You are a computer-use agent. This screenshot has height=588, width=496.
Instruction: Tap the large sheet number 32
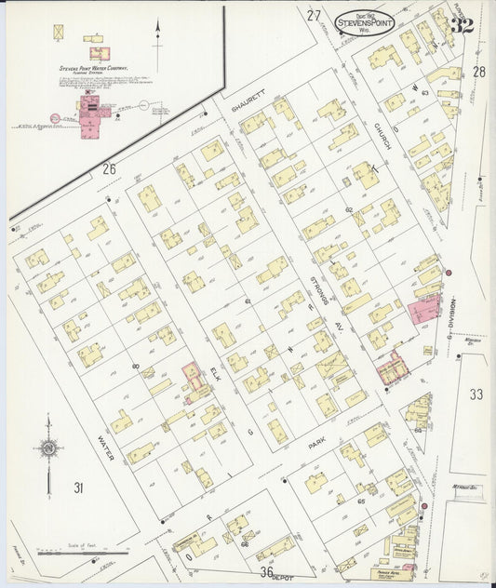(461, 25)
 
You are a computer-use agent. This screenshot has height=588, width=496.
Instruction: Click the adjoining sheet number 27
(314, 16)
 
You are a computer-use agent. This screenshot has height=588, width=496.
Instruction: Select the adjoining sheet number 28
(478, 72)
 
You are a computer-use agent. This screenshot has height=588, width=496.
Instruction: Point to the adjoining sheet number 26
(109, 168)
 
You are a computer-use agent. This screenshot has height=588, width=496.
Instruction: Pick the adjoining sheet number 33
(476, 394)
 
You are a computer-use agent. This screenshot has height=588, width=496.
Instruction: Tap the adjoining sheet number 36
(267, 572)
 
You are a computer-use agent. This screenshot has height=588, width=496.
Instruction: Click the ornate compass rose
(48, 448)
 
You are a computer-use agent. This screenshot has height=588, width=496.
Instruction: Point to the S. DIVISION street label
(453, 319)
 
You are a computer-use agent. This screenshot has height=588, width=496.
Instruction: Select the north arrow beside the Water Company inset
(157, 39)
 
